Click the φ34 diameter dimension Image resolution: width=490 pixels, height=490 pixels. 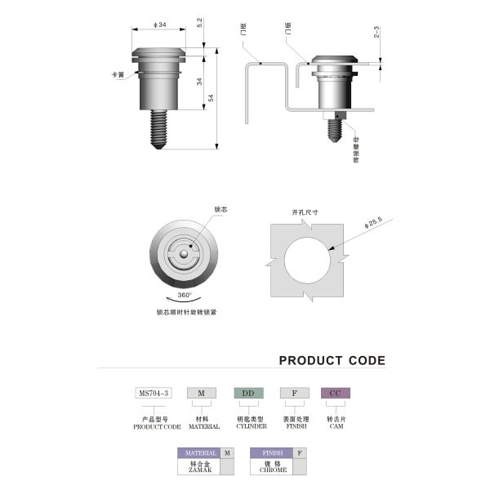[160, 25]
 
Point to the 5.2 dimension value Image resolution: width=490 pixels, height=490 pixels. [200, 25]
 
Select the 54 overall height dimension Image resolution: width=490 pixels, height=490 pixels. [212, 98]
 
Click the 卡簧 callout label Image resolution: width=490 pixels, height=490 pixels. [118, 74]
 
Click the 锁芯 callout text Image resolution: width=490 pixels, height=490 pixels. [220, 210]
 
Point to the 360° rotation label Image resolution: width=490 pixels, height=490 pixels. [185, 295]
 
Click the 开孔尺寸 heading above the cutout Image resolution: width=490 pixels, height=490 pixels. [305, 212]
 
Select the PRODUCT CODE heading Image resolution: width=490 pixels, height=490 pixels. [332, 360]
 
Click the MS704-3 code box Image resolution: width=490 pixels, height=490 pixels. [154, 393]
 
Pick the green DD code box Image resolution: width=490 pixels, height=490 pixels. [249, 393]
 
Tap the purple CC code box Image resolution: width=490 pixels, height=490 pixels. [335, 393]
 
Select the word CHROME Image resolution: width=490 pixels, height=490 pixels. [272, 470]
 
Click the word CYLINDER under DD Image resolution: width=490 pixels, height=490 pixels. [250, 426]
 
